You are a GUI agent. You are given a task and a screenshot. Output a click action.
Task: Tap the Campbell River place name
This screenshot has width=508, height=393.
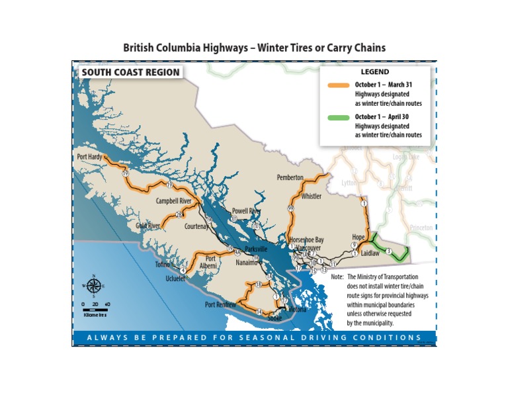pos(173,200)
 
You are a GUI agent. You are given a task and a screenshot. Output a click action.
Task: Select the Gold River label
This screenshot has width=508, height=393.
pos(148,226)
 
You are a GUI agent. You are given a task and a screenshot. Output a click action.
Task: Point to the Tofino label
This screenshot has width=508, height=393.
pos(163,265)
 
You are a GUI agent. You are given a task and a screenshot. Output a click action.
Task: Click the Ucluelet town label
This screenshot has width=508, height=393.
pos(178,279)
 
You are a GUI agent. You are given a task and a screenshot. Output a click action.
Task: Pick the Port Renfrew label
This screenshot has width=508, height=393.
pos(220,305)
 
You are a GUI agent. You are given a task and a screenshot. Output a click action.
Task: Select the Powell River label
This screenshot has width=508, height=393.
pos(246,211)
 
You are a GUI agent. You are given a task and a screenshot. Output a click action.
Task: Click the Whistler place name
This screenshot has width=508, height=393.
pos(311,196)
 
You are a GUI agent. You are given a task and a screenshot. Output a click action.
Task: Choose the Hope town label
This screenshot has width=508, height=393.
pos(358,237)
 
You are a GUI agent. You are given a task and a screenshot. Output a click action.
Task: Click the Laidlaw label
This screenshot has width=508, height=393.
pos(370,253)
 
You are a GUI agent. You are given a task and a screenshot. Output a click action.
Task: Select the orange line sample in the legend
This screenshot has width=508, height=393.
pos(339,85)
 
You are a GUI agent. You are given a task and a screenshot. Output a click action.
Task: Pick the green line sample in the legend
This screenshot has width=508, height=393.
pos(339,117)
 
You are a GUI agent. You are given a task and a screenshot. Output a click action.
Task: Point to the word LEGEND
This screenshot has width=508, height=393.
pos(374,71)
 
